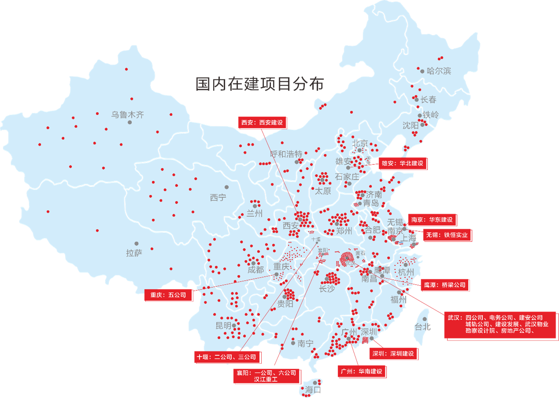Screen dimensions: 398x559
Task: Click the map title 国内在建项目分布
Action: pyautogui.click(x=259, y=84)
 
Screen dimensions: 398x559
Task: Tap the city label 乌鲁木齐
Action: pyautogui.click(x=127, y=115)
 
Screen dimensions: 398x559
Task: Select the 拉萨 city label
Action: pyautogui.click(x=134, y=253)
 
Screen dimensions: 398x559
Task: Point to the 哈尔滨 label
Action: pyautogui.click(x=439, y=71)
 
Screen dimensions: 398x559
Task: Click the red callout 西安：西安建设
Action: pyautogui.click(x=262, y=123)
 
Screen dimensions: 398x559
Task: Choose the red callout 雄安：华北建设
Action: pyautogui.click(x=403, y=163)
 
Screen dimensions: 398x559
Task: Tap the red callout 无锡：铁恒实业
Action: pyautogui.click(x=447, y=235)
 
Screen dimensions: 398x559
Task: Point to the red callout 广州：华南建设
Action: pyautogui.click(x=362, y=372)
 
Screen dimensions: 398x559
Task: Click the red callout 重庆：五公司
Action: pyautogui.click(x=168, y=295)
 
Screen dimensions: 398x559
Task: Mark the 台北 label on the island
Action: pyautogui.click(x=422, y=327)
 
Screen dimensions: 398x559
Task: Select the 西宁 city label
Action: pyautogui.click(x=218, y=197)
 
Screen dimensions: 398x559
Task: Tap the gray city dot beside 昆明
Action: pyautogui.click(x=234, y=326)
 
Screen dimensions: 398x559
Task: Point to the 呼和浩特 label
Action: pyautogui.click(x=286, y=154)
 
